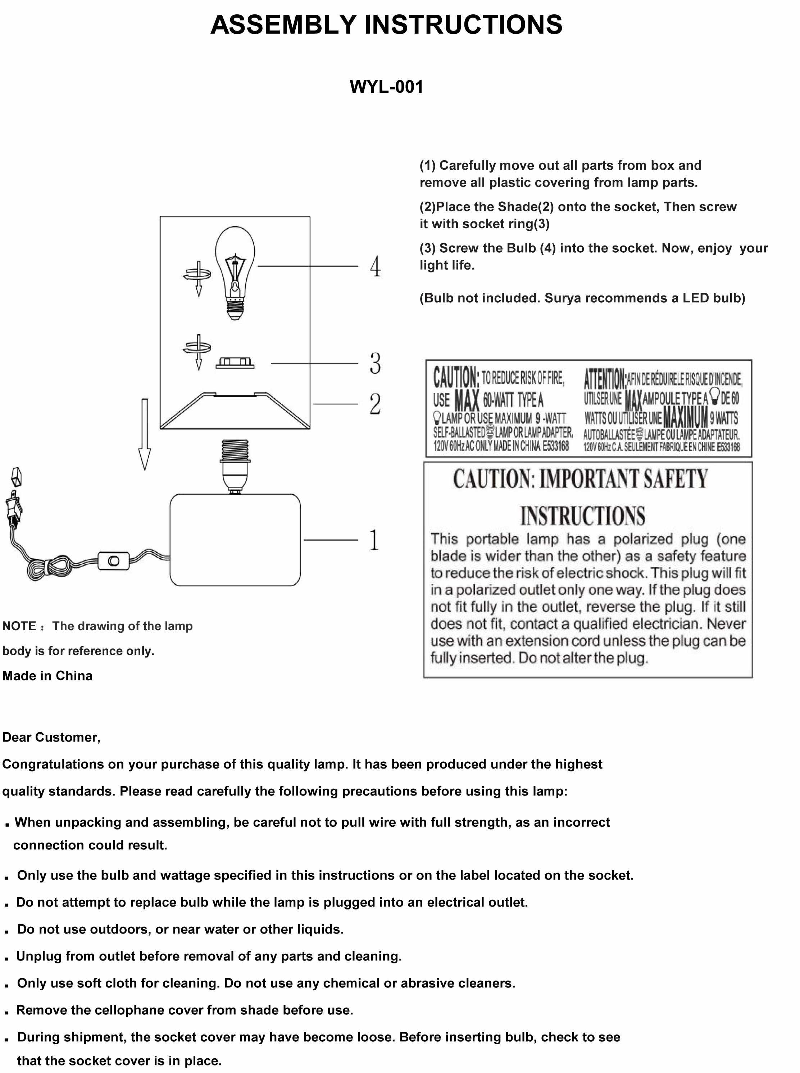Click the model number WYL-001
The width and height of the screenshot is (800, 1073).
[x=386, y=87]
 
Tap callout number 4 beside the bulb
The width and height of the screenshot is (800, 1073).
[x=375, y=267]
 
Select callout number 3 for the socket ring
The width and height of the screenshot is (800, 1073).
[x=375, y=363]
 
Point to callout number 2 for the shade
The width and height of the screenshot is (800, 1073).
[x=375, y=404]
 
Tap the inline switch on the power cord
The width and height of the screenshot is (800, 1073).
[x=113, y=561]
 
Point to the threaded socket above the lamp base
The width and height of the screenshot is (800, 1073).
[x=235, y=465]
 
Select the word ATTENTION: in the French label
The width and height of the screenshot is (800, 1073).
[x=604, y=379]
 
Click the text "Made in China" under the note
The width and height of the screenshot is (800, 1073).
[x=47, y=676]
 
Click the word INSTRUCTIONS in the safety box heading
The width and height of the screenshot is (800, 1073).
[x=583, y=516]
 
